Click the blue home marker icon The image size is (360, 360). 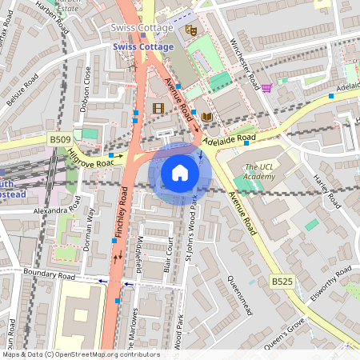(x=180, y=173)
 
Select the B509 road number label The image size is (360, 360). (x=60, y=138)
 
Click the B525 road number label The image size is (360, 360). (x=281, y=282)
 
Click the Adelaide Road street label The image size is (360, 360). (x=229, y=138)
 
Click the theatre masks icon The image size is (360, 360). (x=190, y=30)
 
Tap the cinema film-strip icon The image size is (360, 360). (x=158, y=107)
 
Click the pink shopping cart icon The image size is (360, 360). (x=266, y=87)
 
